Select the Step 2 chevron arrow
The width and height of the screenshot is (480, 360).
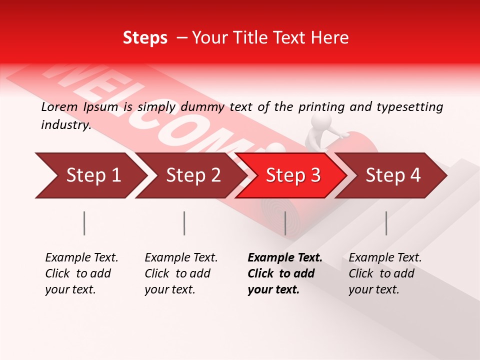tap(190, 175)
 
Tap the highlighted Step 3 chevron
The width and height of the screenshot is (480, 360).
tap(291, 175)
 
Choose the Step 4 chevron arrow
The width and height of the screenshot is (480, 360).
tap(391, 175)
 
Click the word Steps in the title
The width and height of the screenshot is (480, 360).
tap(145, 38)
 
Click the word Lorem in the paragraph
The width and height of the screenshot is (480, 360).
tap(59, 107)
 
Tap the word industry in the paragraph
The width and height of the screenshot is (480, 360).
tap(65, 125)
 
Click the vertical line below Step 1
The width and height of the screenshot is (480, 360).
tap(84, 223)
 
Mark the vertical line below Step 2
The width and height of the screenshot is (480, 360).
tap(184, 223)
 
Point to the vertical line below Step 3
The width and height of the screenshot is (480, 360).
tap(285, 223)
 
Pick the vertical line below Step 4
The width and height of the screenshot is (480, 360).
tap(386, 223)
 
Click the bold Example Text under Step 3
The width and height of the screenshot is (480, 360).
tap(285, 258)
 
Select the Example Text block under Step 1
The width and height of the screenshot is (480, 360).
tap(81, 273)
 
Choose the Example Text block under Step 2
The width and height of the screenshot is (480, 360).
tap(181, 273)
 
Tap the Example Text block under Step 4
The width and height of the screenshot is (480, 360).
tap(385, 273)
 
